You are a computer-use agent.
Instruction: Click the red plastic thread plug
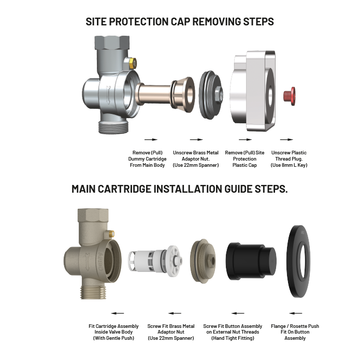[289, 95]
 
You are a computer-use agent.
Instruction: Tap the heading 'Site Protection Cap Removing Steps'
[180, 22]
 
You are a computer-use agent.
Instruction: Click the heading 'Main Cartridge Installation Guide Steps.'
[180, 189]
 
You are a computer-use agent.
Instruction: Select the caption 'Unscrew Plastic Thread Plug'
[289, 155]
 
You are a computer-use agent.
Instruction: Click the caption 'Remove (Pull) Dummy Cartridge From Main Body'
[150, 159]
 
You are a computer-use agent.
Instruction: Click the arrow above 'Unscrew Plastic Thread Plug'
[286, 139]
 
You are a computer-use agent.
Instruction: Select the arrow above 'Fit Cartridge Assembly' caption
[118, 313]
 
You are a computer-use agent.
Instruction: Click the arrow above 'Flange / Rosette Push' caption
[295, 313]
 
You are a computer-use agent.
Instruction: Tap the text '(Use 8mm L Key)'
[289, 165]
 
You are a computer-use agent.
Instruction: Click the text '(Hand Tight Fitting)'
[233, 338]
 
